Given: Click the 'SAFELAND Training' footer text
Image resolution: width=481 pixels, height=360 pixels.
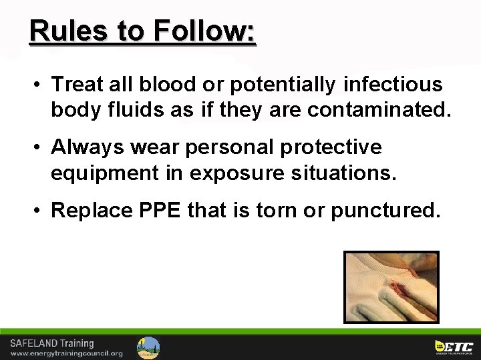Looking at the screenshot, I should coord(51,344).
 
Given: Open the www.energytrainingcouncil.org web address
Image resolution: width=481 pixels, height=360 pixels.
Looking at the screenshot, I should coord(66,353).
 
